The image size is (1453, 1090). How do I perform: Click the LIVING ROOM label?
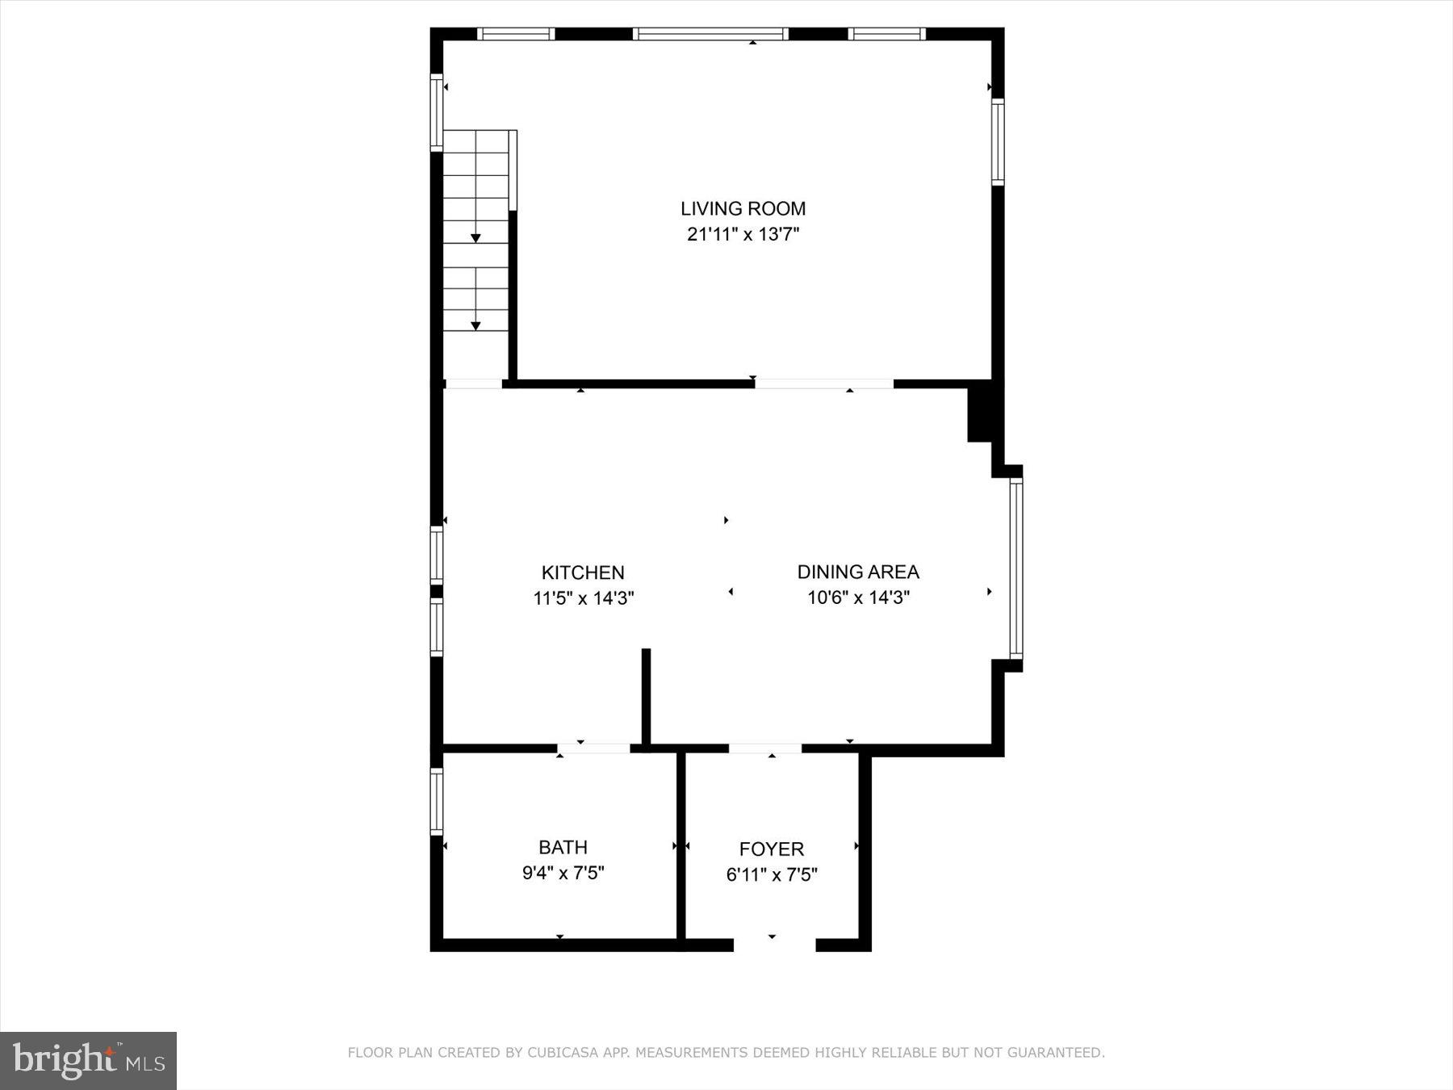[743, 208]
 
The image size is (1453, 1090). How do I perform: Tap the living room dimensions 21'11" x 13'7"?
[743, 235]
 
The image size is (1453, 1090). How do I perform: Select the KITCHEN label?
[583, 572]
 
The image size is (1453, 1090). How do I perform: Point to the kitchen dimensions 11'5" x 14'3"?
[583, 598]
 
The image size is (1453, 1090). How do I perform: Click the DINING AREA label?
[858, 572]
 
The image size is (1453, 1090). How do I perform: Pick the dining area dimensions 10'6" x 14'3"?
[858, 597]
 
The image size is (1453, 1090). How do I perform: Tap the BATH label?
[563, 847]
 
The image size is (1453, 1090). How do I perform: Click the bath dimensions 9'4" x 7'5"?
[563, 873]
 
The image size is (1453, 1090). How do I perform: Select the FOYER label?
[772, 849]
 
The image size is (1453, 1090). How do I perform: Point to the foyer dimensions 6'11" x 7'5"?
[772, 874]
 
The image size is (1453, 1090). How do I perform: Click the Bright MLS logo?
[88, 1060]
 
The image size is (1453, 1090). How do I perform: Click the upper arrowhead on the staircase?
[475, 238]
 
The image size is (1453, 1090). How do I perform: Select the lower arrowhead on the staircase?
[475, 326]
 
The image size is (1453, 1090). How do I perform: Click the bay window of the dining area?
[1016, 568]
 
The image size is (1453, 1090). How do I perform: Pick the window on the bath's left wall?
[437, 801]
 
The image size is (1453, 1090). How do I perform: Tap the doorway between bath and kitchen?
[593, 748]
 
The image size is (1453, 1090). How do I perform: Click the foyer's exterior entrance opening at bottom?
[774, 944]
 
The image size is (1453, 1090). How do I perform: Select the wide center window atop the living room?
[710, 34]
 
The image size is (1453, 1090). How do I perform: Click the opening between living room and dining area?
[824, 384]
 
